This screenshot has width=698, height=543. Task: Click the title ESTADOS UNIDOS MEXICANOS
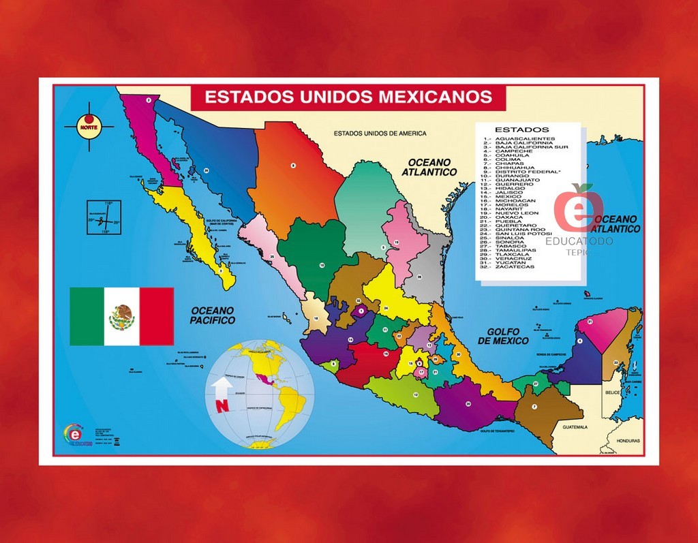[348, 97]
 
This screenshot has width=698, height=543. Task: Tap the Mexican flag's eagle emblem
[122, 317]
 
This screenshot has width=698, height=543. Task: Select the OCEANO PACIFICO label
[212, 315]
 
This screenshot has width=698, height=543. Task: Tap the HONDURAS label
[628, 441]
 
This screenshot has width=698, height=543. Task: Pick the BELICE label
[611, 393]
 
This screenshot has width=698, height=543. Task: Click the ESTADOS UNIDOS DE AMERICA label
[380, 134]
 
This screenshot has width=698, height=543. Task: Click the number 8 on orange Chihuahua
[293, 166]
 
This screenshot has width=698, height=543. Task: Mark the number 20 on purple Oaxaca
[468, 404]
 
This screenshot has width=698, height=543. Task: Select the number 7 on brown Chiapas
[534, 407]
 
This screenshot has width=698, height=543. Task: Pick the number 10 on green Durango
[321, 265]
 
